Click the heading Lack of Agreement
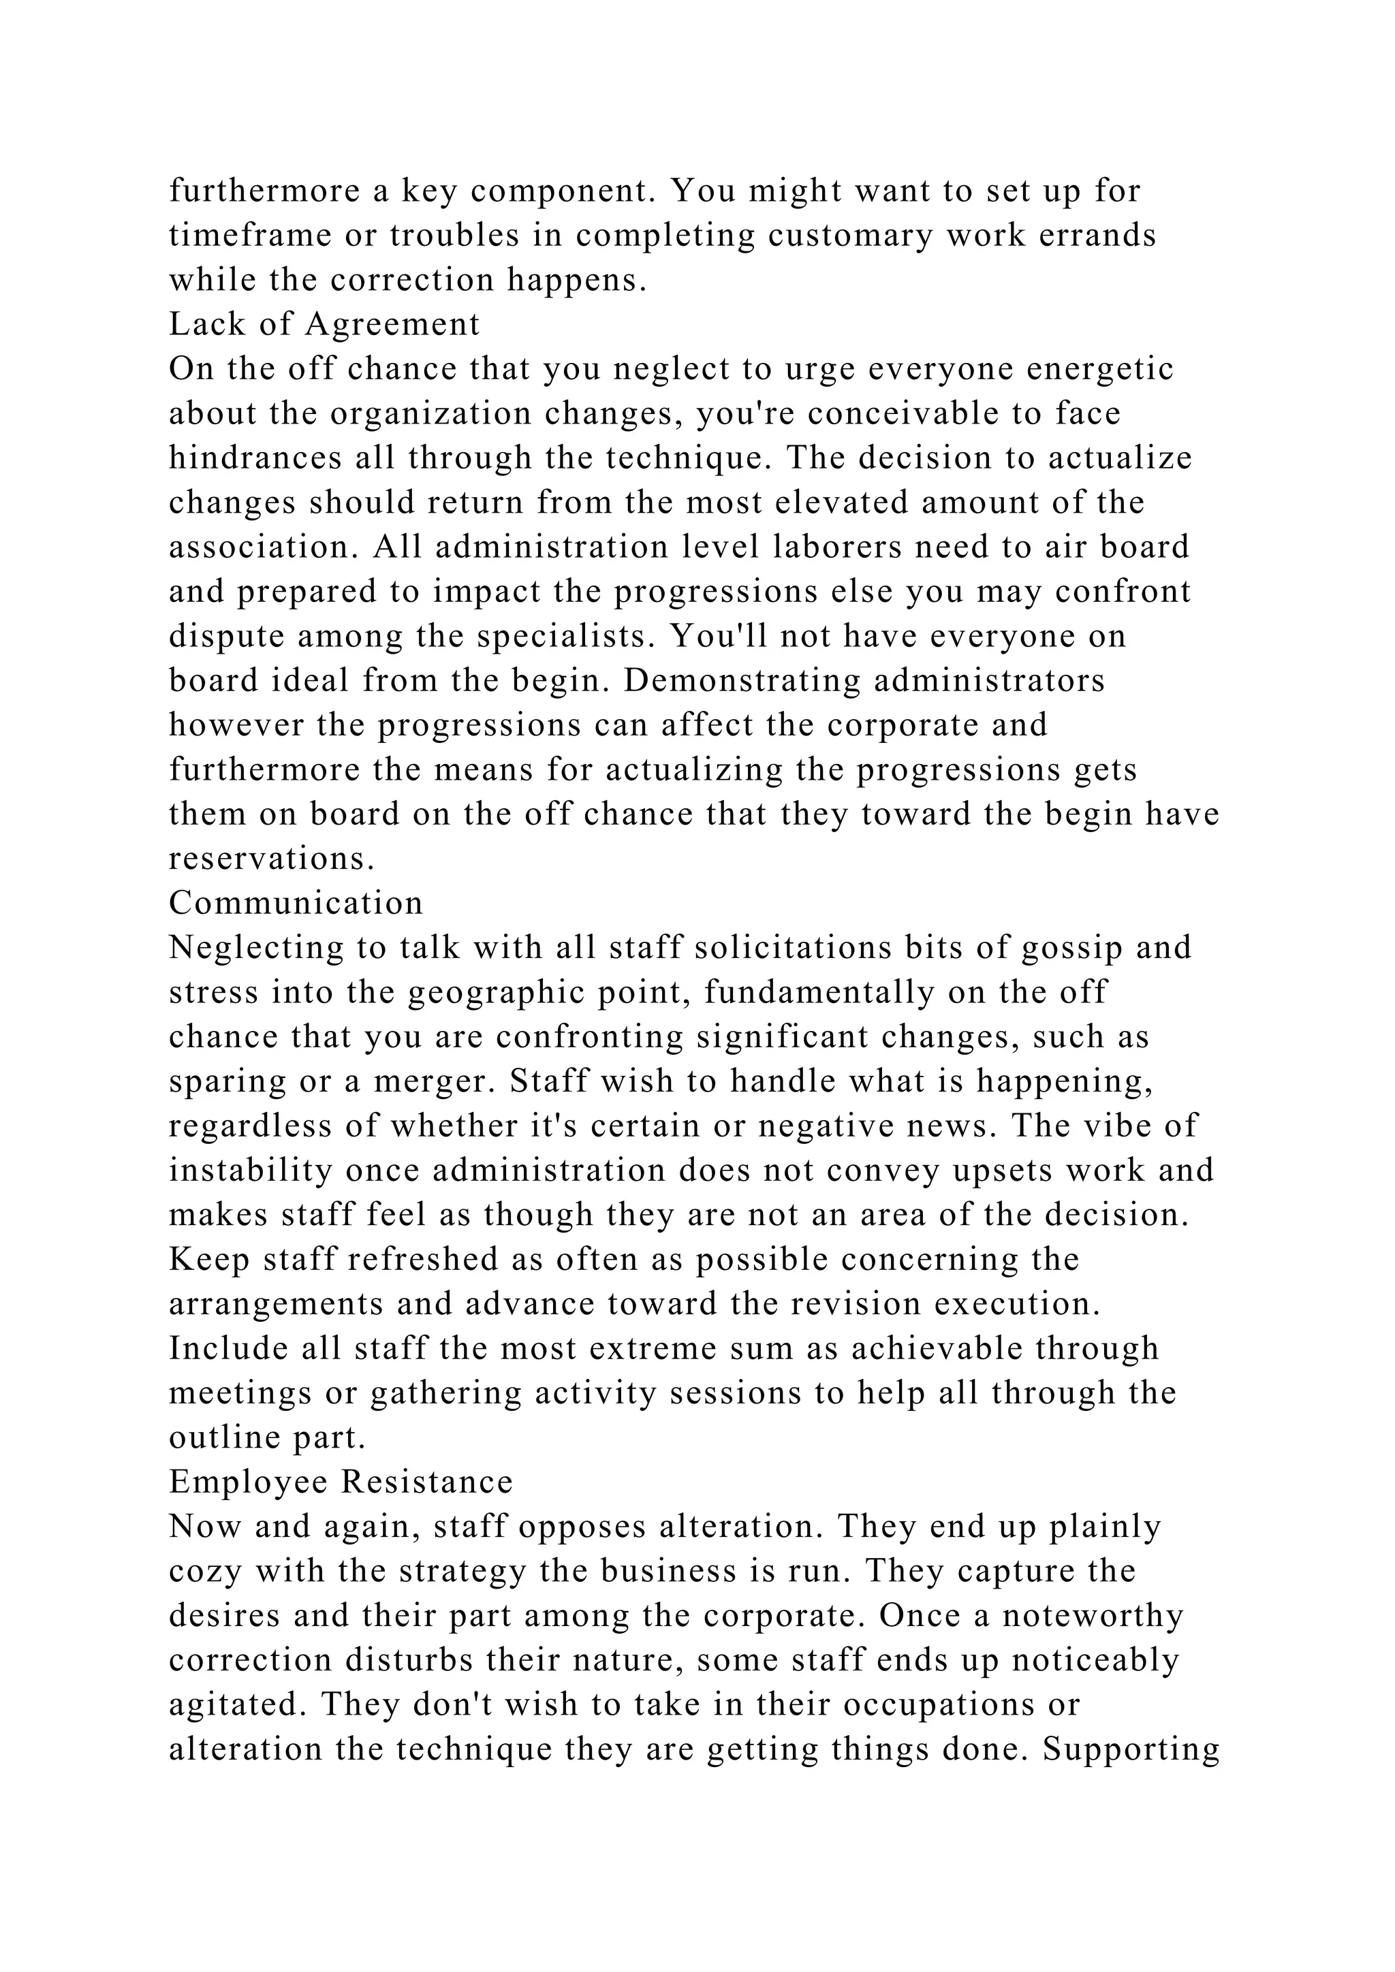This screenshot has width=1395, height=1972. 324,325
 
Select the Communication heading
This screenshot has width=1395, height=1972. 296,904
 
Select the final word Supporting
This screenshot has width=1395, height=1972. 1131,1749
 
